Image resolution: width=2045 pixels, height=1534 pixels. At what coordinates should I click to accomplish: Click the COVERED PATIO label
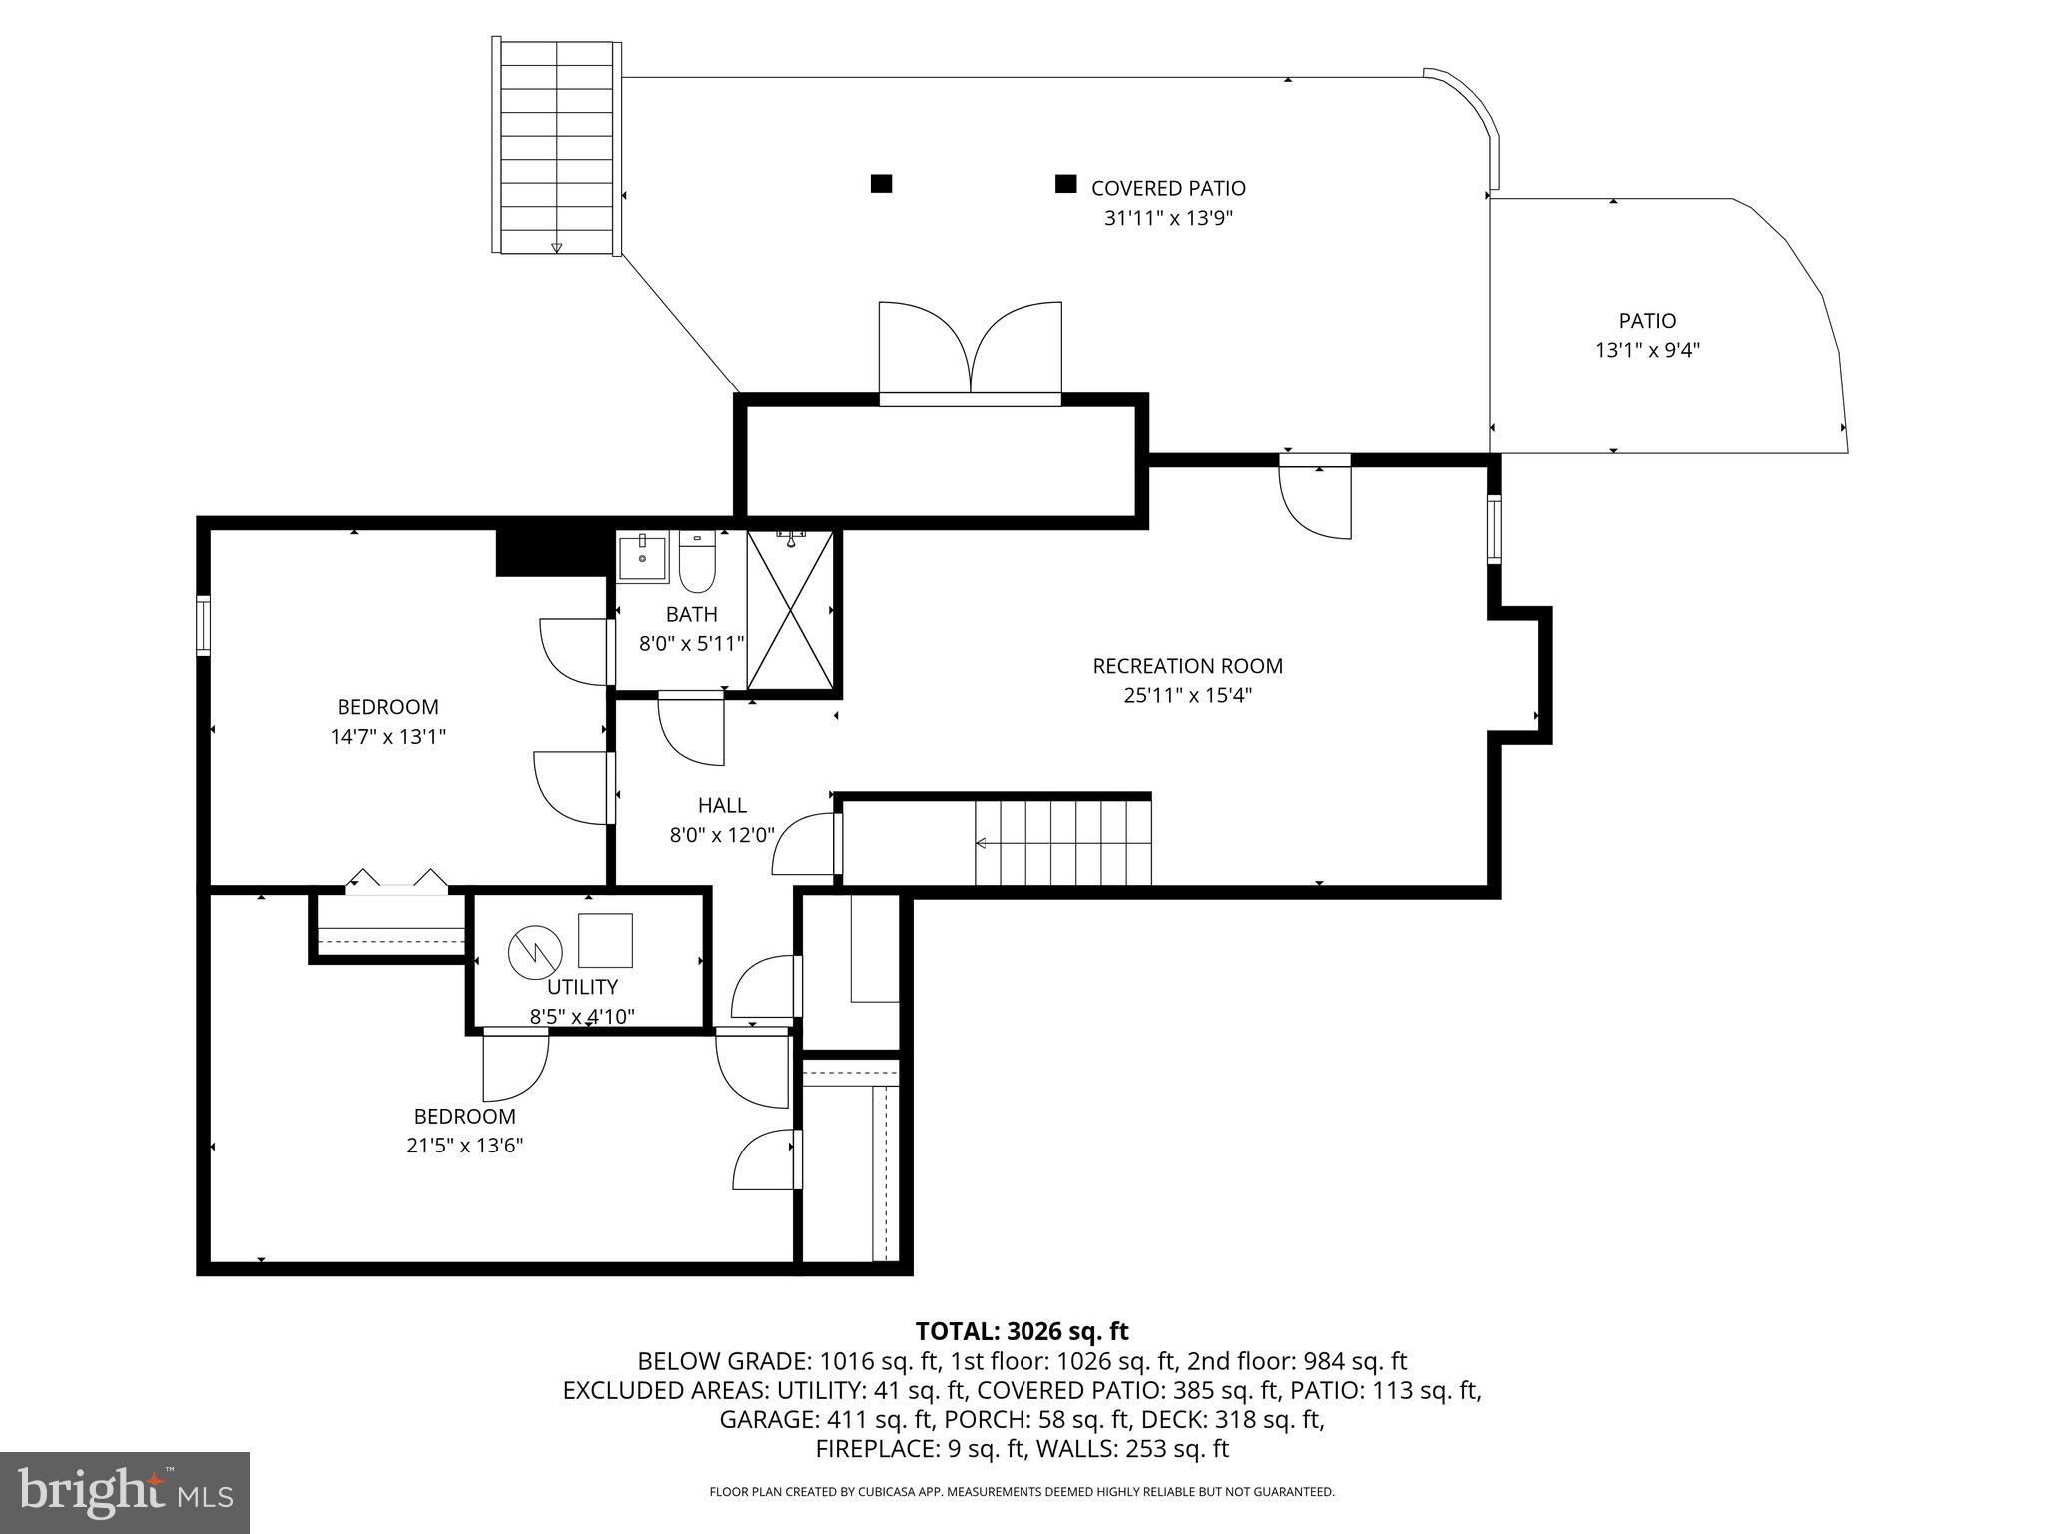pos(1168,188)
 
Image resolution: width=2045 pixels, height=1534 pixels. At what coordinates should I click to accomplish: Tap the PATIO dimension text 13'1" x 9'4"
pos(1647,351)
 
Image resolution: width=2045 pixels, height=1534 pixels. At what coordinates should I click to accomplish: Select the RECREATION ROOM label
pos(1187,666)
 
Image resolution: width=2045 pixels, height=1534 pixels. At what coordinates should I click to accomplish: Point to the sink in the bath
pos(643,557)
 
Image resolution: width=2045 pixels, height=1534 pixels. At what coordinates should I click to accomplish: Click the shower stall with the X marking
pos(789,611)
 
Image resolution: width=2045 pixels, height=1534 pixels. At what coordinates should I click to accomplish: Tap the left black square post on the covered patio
pos(881,184)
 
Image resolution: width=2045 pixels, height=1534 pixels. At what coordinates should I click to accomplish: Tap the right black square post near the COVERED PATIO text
pos(1066,184)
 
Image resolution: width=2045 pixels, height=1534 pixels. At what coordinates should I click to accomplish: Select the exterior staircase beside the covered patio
pos(556,147)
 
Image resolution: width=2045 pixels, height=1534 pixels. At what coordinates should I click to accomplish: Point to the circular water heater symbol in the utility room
pos(536,953)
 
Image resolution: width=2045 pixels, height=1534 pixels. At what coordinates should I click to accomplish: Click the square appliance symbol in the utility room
pos(605,940)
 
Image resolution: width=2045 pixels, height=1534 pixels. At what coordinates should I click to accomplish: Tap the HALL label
pos(722,805)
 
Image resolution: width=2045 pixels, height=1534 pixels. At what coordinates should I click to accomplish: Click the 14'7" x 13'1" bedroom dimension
pos(387,737)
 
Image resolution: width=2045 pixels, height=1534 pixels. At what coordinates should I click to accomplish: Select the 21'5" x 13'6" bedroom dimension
pos(464,1146)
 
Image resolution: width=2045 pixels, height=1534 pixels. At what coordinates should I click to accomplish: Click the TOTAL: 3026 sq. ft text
pos(1022,1331)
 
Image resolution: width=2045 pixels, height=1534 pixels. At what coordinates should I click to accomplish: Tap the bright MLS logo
pos(125,1493)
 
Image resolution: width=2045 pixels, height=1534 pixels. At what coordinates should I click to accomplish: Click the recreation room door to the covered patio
pos(1315,499)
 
